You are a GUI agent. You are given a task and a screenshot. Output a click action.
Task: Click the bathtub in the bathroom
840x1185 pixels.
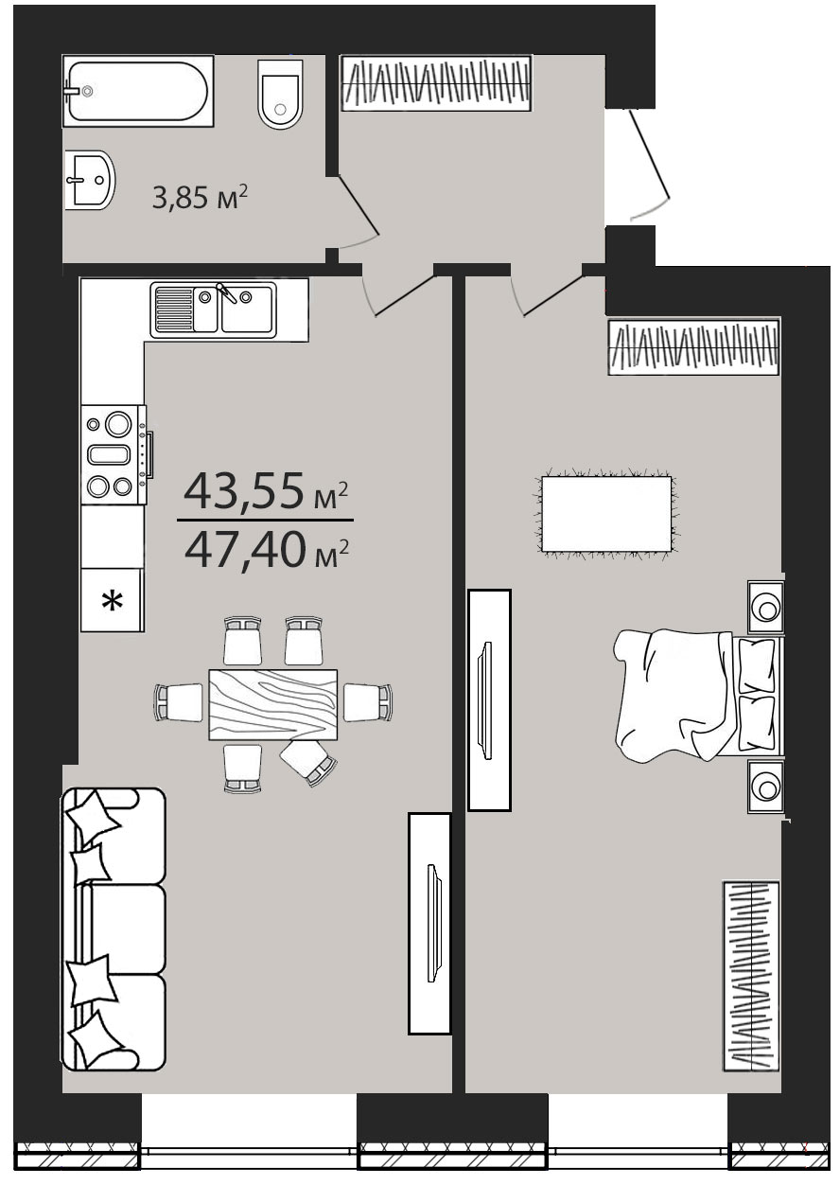coord(138,91)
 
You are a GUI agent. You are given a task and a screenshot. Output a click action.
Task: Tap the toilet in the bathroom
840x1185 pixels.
coord(281,94)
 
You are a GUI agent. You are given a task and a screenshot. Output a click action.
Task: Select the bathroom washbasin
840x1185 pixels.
coord(90,180)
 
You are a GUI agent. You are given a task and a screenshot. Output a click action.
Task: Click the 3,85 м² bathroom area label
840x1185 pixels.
coord(200,197)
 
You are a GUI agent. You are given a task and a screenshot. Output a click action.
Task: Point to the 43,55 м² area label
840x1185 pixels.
coord(266,491)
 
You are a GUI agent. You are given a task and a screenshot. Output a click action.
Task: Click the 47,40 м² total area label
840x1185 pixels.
coord(267,550)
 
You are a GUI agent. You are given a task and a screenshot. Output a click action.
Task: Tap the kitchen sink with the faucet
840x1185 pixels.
coord(214,310)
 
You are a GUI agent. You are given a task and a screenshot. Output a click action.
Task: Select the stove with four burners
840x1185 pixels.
coord(116,455)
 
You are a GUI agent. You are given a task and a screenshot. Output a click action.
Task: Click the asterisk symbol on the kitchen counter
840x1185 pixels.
coord(112,601)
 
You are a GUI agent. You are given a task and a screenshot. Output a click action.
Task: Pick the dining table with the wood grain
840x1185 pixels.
coord(273,704)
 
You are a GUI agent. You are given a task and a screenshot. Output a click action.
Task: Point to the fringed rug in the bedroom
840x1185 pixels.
coord(607,514)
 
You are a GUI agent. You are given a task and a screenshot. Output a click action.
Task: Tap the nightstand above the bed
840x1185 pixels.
coord(765,607)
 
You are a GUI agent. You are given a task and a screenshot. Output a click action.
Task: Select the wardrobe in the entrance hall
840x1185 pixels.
coord(436,83)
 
